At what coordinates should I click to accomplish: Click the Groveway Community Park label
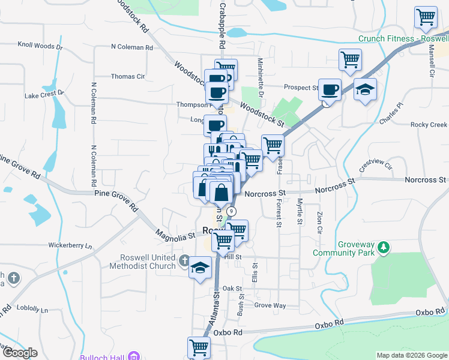coord(343,248)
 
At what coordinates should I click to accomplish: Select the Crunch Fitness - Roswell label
coord(403,38)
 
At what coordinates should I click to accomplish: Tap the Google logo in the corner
coord(20,353)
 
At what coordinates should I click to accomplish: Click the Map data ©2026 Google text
coord(411,355)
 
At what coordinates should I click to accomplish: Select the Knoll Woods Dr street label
coord(40,45)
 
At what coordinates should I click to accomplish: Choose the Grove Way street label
coord(270,305)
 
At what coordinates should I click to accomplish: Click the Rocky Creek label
coord(429,125)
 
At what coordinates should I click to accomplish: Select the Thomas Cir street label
coord(128,77)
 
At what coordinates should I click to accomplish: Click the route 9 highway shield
coord(231,211)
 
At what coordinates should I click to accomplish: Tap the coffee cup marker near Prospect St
coord(330,90)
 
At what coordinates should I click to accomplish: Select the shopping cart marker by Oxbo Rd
coord(199,347)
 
